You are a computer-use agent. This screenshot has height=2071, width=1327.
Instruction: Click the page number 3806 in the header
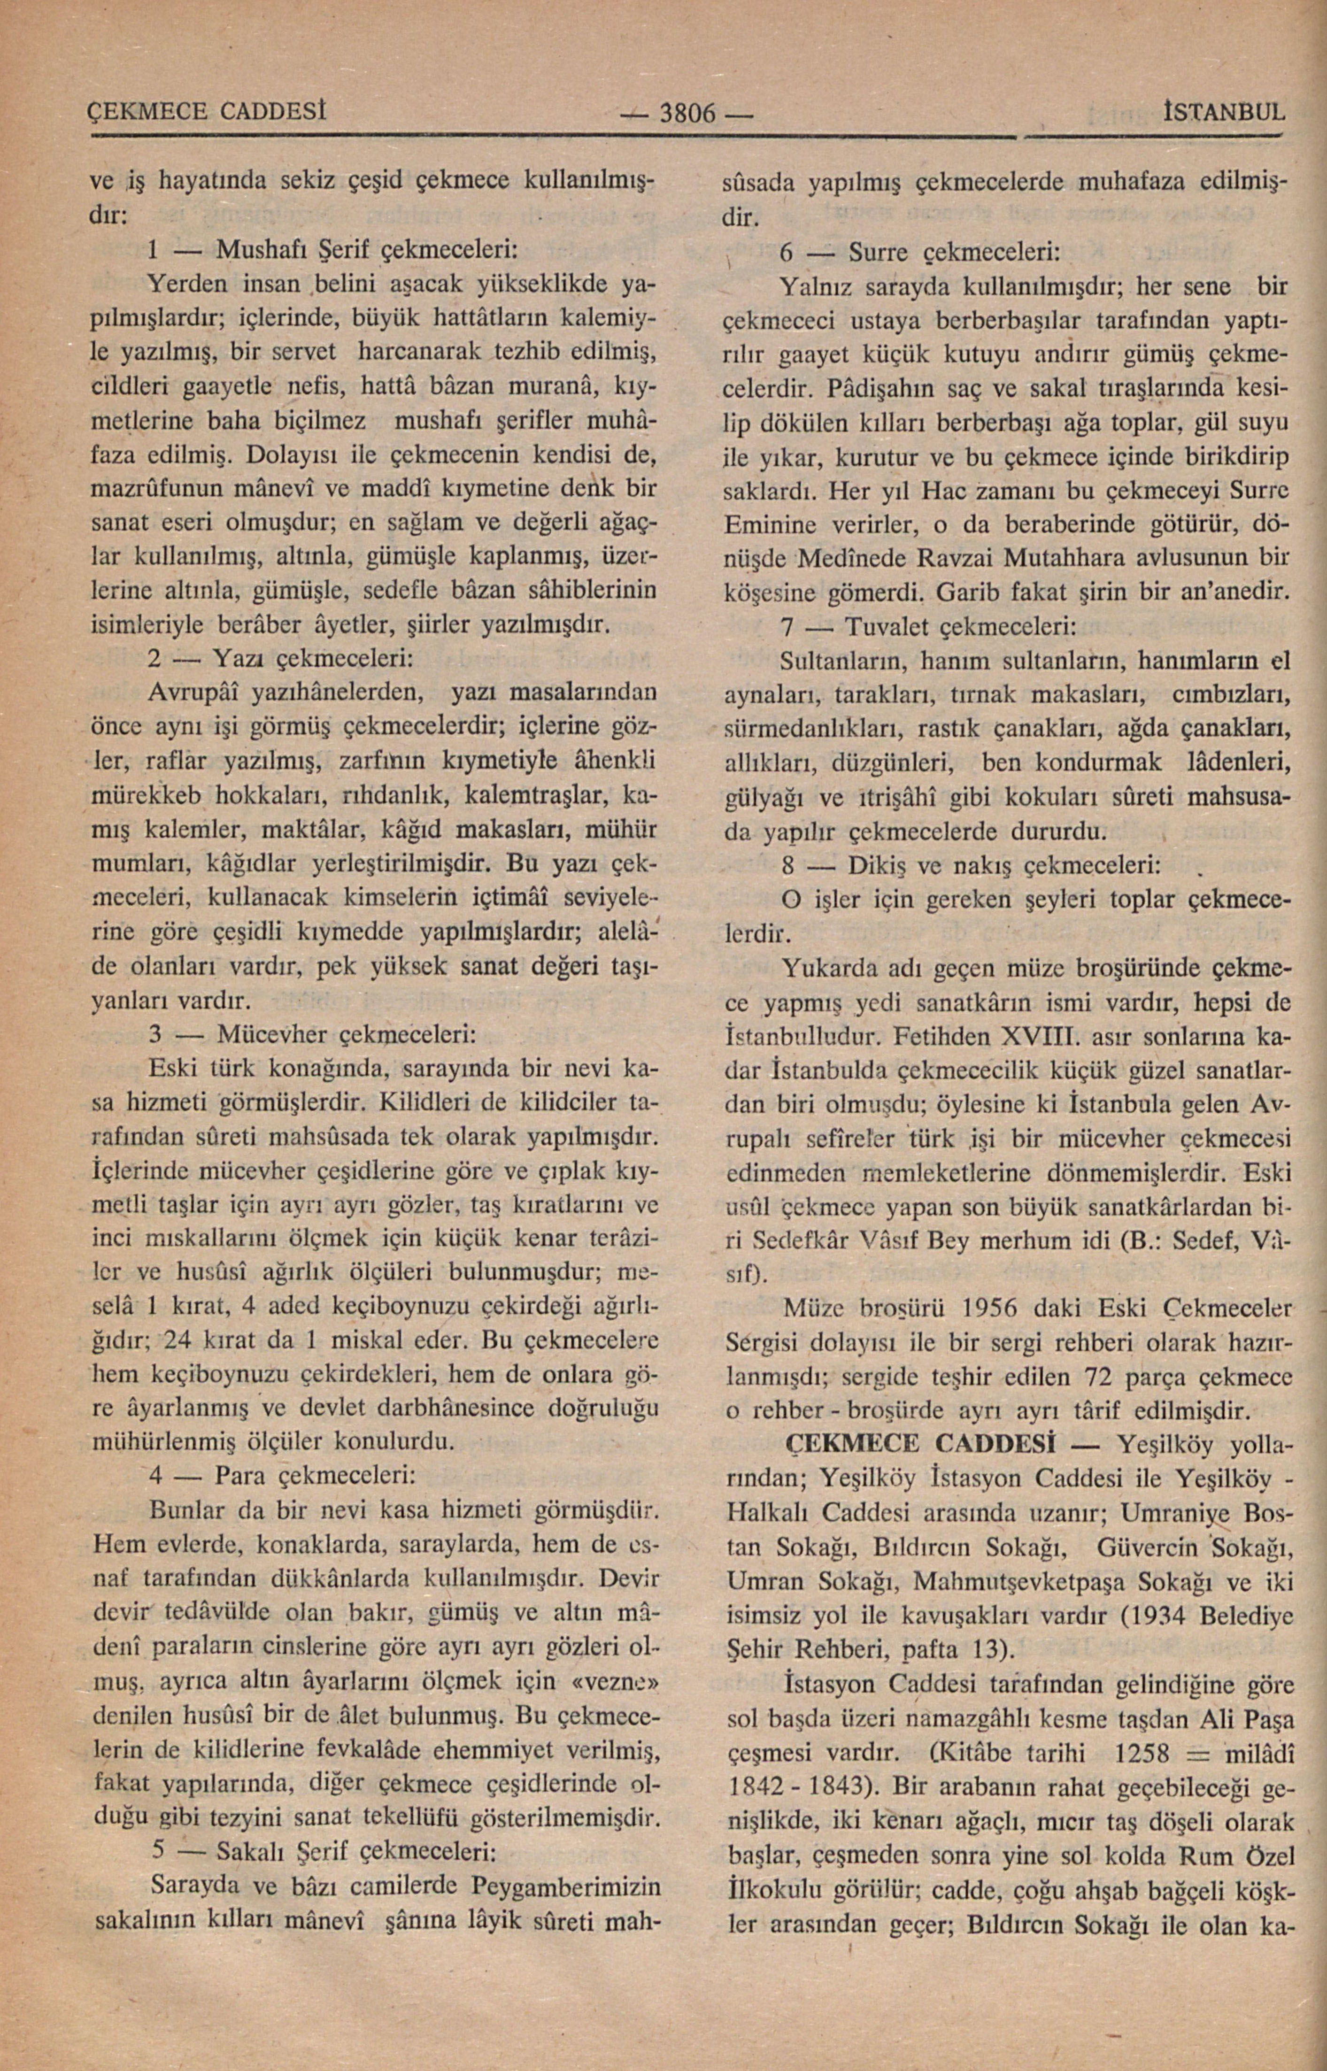tap(687, 113)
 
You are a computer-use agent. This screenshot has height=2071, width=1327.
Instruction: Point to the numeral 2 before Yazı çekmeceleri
tap(154, 659)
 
